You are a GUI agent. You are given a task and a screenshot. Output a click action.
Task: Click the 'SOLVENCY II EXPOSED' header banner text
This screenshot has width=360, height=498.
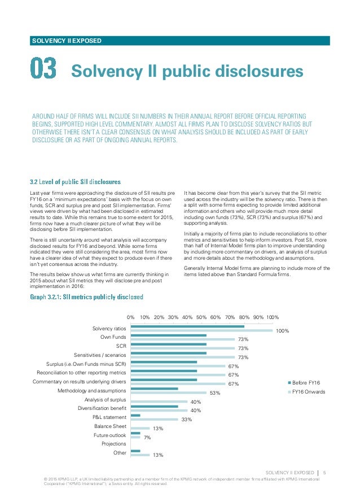[67, 41]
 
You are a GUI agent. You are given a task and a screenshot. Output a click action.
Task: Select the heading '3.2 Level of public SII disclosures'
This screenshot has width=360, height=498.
[75, 182]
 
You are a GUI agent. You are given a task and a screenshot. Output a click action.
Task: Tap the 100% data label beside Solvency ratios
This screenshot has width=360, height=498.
[282, 331]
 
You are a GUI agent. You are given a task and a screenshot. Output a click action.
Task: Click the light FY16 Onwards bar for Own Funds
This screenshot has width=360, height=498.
[182, 339]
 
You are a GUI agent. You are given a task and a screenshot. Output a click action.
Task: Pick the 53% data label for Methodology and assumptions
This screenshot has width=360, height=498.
[214, 392]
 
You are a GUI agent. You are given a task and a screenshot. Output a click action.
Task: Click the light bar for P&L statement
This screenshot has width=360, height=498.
[154, 420]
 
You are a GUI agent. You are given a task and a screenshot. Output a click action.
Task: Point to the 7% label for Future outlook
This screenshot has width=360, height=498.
[147, 438]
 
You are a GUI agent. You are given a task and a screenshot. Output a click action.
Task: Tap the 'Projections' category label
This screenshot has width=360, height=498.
[113, 444]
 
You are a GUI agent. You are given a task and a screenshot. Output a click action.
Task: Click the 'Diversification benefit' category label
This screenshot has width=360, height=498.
[102, 408]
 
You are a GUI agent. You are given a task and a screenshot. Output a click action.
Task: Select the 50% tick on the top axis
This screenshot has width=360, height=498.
[201, 317]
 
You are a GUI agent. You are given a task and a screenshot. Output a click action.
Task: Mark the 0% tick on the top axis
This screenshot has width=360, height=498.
[130, 317]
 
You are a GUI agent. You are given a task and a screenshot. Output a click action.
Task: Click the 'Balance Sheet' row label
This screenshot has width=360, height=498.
[110, 426]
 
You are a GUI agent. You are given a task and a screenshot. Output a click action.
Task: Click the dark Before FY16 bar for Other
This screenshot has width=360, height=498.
[135, 451]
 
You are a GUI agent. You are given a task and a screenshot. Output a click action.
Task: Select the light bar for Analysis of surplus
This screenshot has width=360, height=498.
[159, 401]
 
